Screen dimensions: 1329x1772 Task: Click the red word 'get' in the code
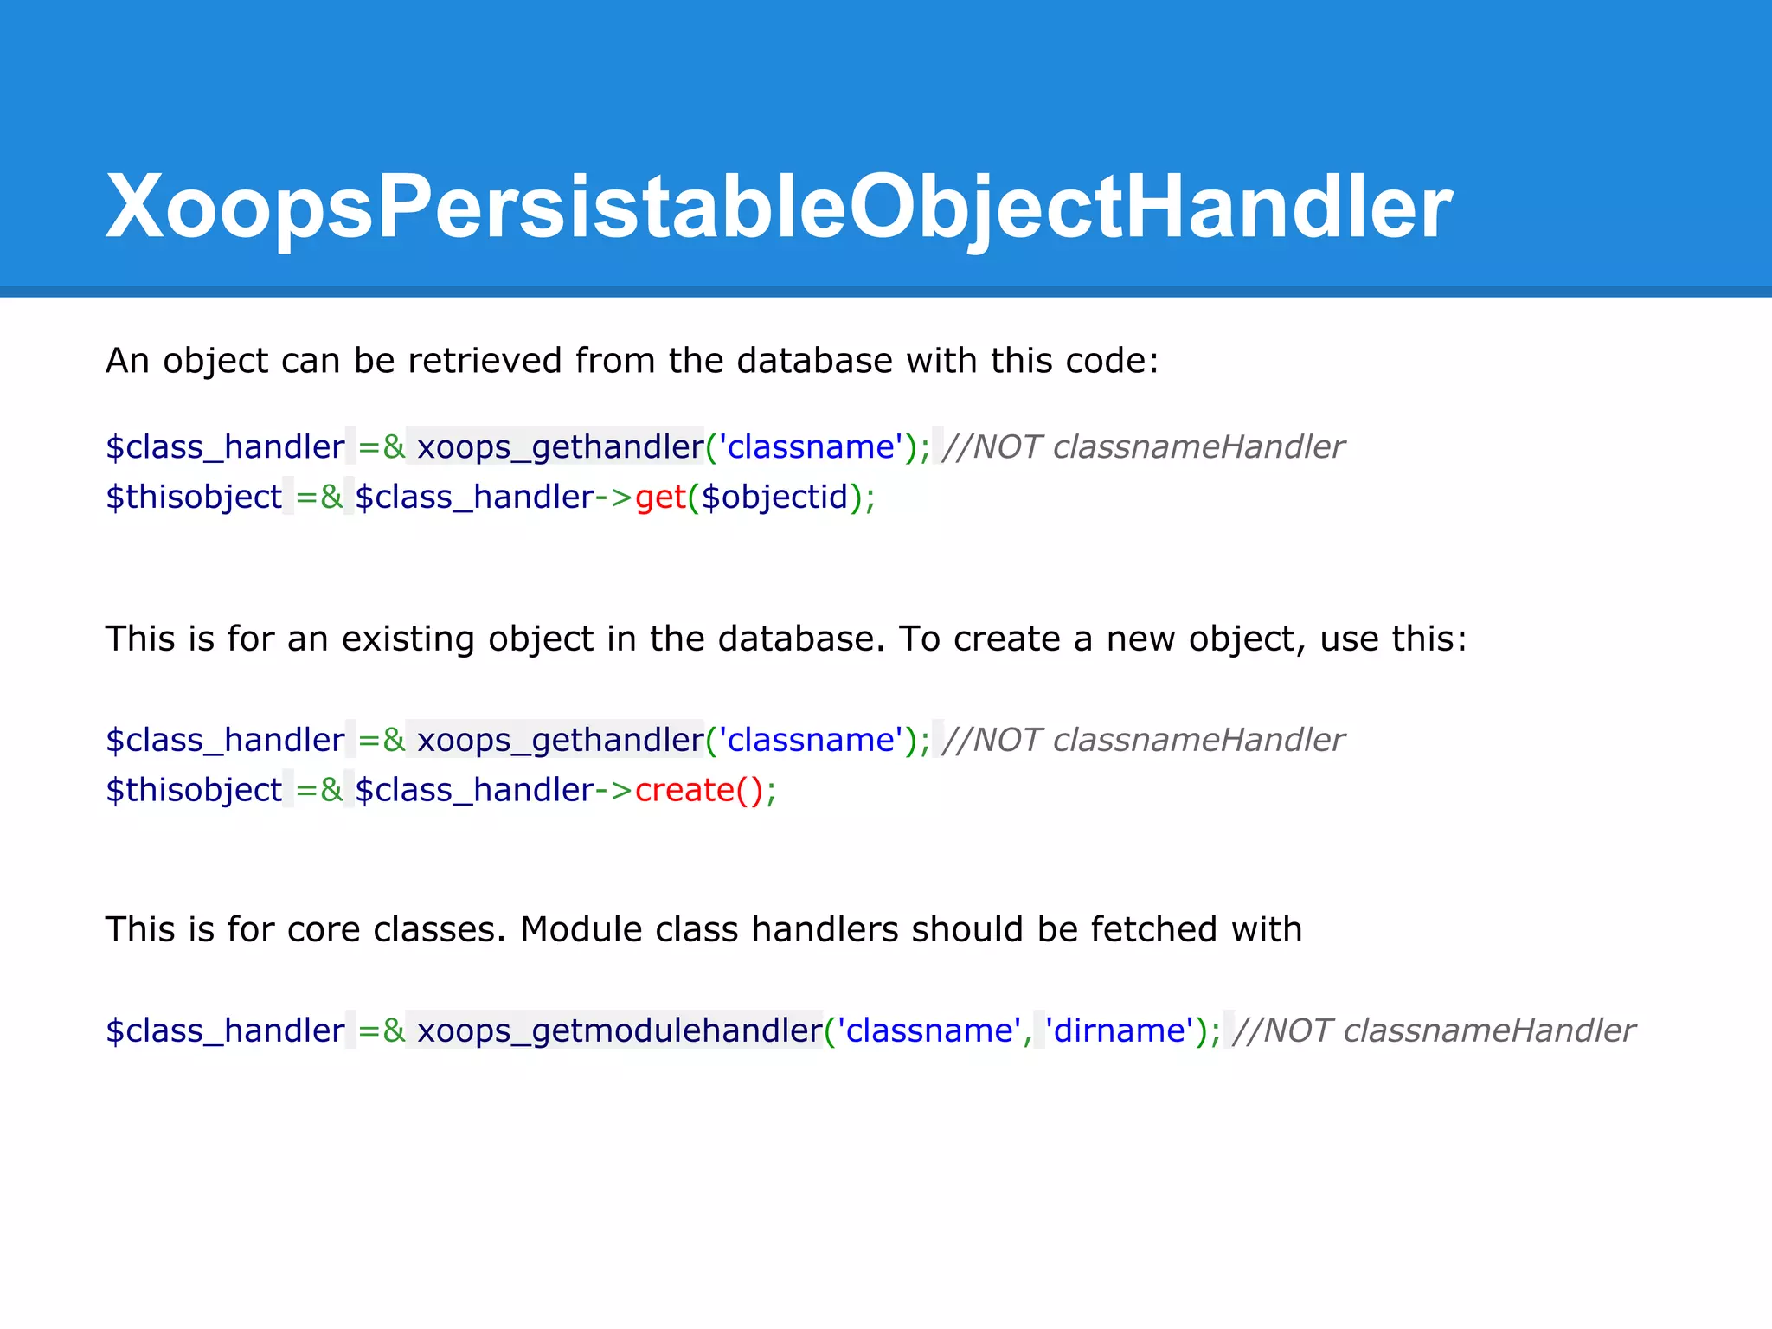(x=660, y=498)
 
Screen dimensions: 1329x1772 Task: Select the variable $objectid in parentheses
(x=774, y=498)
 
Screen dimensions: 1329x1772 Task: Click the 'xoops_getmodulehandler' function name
(x=619, y=1030)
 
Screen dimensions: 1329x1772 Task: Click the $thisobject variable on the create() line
(x=194, y=790)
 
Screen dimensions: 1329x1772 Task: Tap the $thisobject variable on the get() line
(x=194, y=498)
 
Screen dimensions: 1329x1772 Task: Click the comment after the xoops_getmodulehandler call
(x=1434, y=1030)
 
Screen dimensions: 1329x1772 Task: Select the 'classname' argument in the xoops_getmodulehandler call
(x=928, y=1030)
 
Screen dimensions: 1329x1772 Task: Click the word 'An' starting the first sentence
(x=127, y=361)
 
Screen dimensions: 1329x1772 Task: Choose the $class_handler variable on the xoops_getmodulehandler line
(x=225, y=1030)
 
